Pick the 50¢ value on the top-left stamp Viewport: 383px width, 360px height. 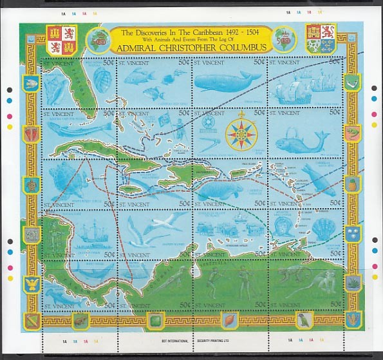(109, 62)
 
